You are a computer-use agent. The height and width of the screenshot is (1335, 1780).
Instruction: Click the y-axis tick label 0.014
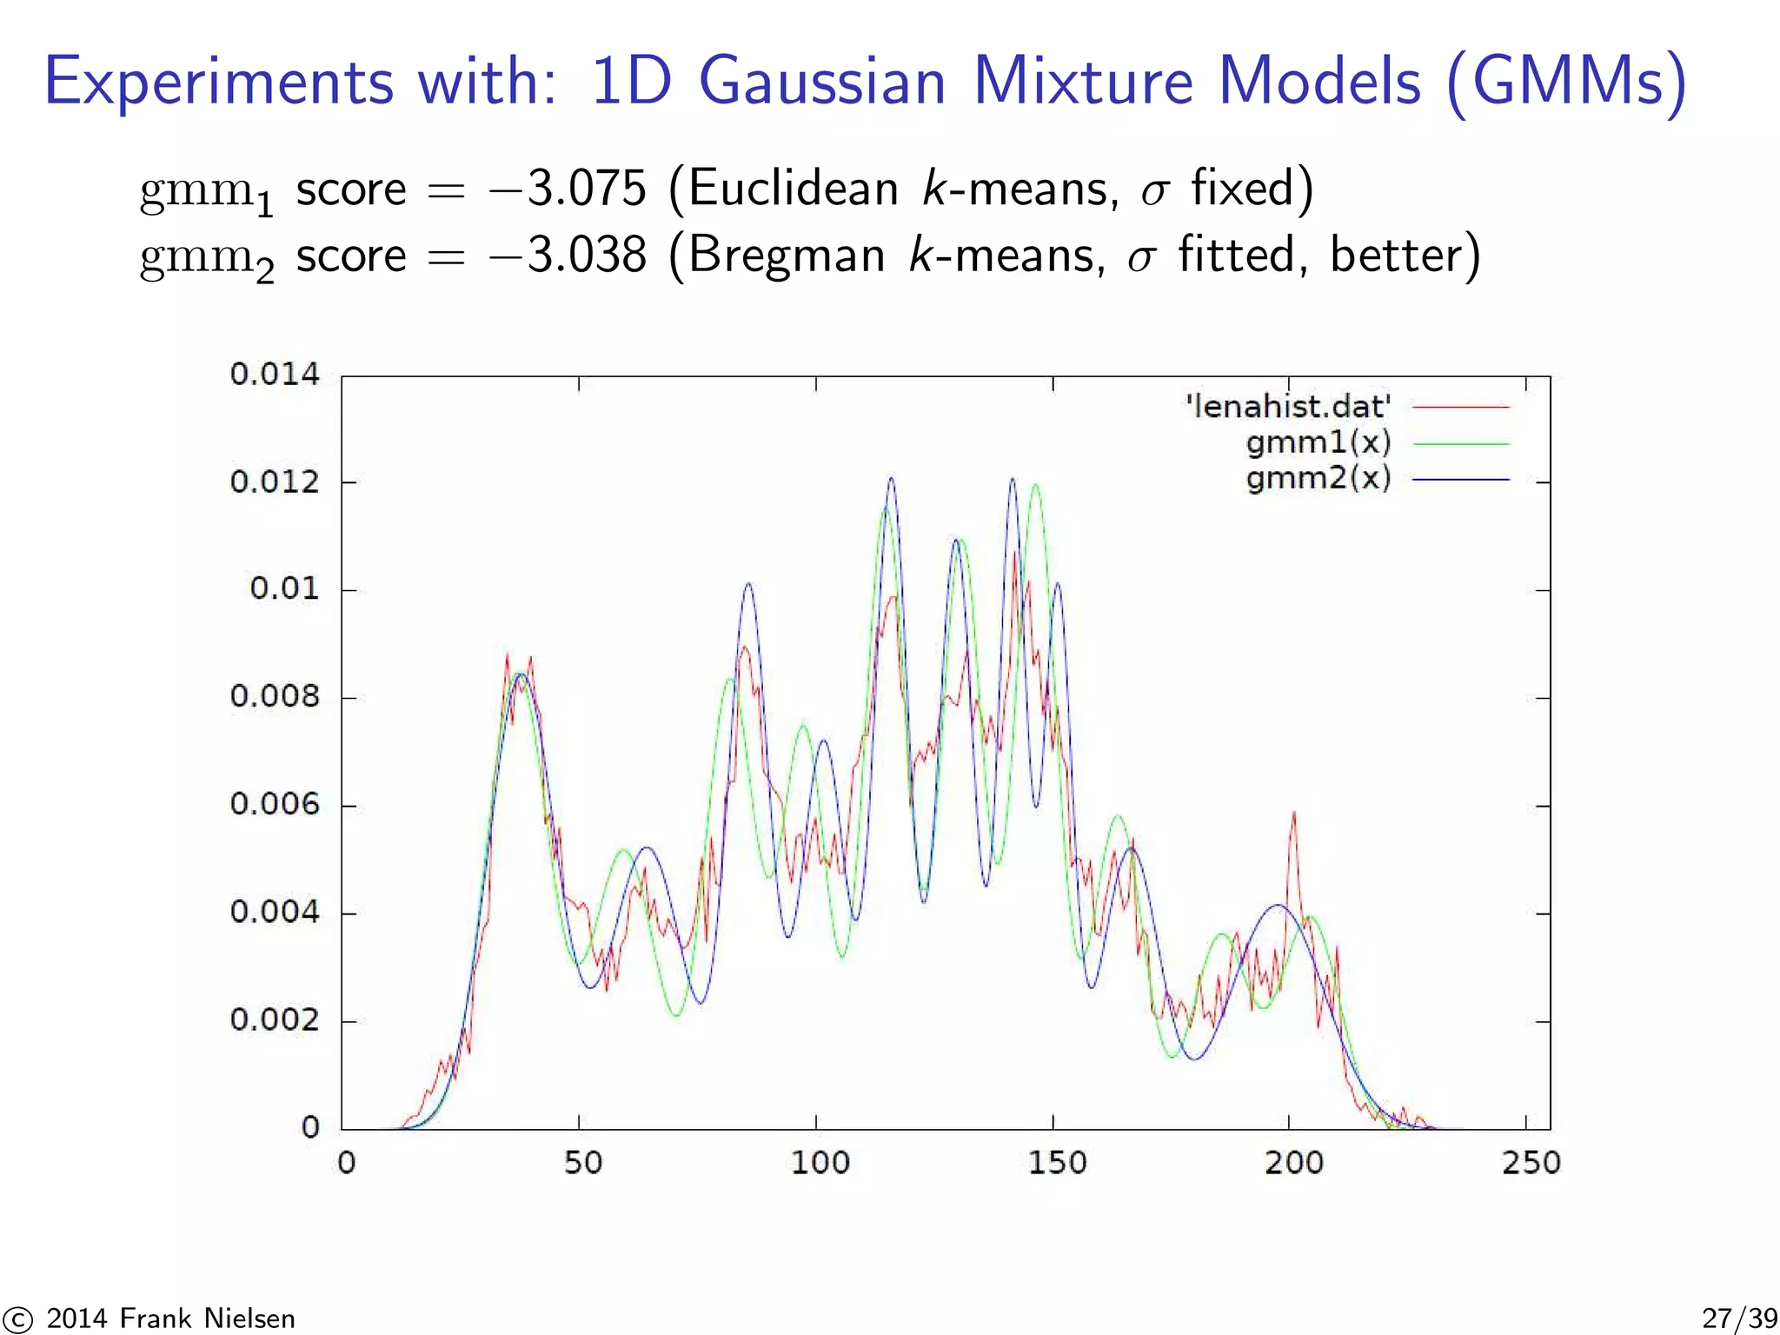click(275, 375)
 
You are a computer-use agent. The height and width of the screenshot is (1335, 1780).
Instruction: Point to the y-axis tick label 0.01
click(284, 588)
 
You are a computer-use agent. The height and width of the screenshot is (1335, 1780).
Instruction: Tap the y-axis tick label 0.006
click(275, 804)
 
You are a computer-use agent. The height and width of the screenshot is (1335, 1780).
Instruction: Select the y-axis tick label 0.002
click(275, 1020)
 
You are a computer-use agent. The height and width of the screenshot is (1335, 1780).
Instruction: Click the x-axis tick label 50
click(582, 1163)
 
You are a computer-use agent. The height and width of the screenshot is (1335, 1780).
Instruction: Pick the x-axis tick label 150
click(1057, 1163)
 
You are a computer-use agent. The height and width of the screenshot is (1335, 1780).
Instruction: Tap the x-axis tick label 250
click(1531, 1163)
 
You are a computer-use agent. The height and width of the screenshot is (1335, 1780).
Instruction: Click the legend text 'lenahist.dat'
click(1288, 407)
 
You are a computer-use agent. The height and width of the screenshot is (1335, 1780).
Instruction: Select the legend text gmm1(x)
click(1318, 443)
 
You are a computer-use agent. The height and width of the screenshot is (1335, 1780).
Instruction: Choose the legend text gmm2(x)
click(1318, 479)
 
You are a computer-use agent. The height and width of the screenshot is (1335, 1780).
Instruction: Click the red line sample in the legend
click(1461, 407)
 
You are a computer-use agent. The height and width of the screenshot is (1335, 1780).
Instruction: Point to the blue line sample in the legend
click(1461, 480)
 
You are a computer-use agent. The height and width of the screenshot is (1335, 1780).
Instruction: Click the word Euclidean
click(794, 189)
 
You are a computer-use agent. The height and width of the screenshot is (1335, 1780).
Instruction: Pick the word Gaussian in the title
click(821, 83)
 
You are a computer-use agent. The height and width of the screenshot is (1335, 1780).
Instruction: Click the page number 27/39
click(1739, 1318)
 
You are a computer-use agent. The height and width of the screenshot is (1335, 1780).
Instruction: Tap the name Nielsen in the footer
click(249, 1318)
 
